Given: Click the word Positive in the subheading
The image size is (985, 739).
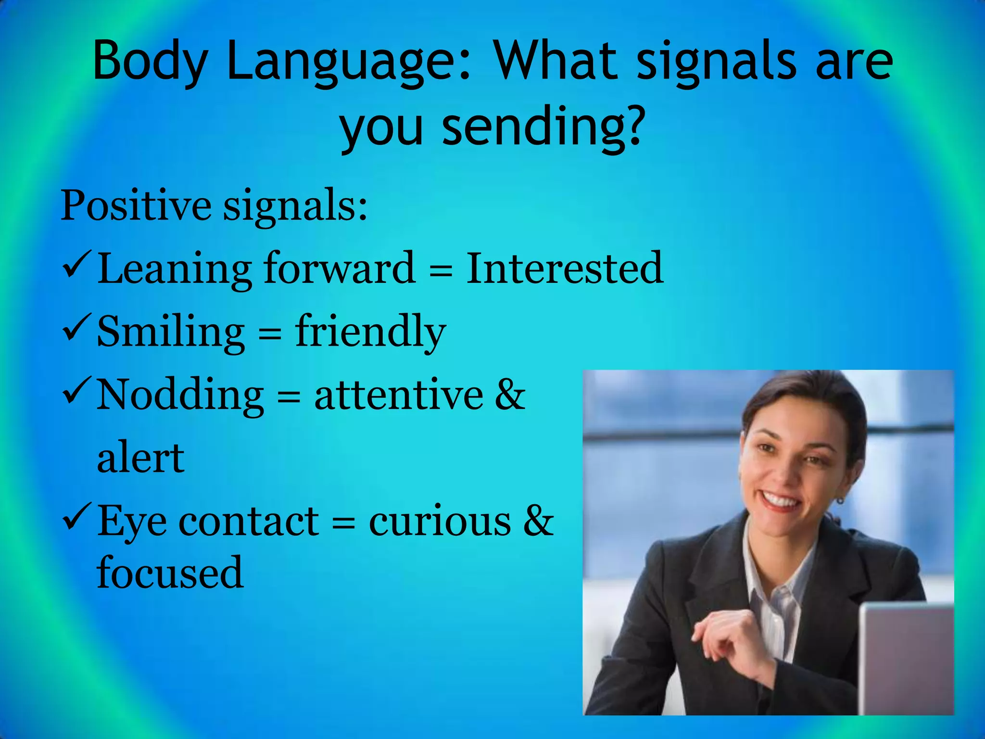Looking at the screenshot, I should pos(136,206).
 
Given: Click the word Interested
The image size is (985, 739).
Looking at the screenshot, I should pos(565,268).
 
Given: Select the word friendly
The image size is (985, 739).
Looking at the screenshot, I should pos(370,332).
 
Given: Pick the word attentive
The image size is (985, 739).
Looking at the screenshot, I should pos(399,395).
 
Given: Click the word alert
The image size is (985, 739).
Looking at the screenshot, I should pos(140,458).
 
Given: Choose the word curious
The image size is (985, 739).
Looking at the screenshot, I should pos(440,522).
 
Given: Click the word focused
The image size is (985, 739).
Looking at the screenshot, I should pos(170,573).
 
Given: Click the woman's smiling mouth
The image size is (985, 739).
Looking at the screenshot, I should pos(781,500).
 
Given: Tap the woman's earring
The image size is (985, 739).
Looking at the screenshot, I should pos(840,500).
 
